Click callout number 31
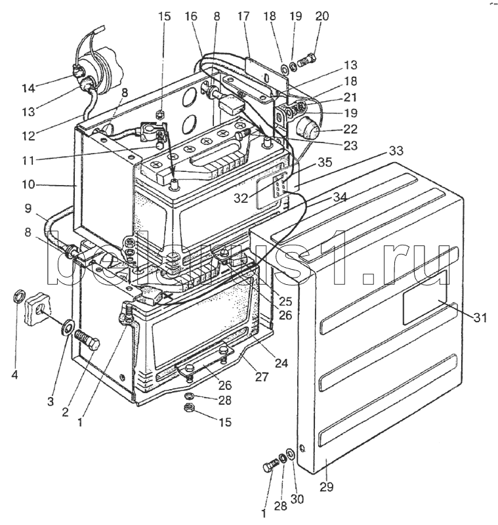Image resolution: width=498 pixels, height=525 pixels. (x=480, y=317)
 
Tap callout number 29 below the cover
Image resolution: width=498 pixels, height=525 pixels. (x=327, y=487)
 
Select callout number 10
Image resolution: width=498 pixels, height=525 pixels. (x=28, y=184)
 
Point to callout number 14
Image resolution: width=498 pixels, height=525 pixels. (x=28, y=88)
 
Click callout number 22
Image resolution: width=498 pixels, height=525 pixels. (x=350, y=129)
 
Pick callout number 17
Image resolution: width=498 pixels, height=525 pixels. (x=243, y=16)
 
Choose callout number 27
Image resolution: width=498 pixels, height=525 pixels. (x=261, y=377)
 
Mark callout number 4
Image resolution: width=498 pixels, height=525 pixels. (x=14, y=375)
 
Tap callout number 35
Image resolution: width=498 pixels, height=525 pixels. (x=325, y=162)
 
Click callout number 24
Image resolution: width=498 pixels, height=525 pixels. (x=281, y=363)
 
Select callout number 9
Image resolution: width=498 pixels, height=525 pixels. (x=28, y=208)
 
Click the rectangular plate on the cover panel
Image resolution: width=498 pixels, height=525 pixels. (x=425, y=297)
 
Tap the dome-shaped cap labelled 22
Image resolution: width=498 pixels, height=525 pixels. (x=306, y=126)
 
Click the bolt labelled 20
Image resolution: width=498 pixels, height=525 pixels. (x=306, y=60)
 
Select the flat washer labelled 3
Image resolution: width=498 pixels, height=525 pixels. (x=68, y=327)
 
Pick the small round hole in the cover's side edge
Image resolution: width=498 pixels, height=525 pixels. (x=302, y=448)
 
